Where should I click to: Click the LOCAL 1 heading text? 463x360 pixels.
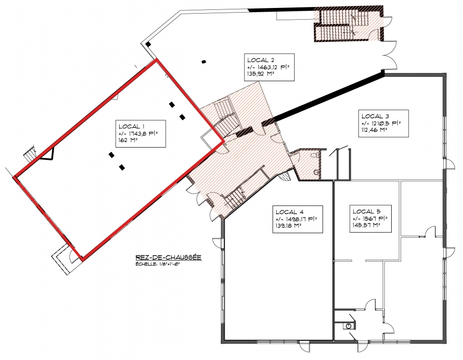[129, 127]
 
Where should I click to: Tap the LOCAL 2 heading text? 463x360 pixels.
[258, 60]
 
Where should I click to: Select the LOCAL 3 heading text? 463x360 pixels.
[372, 116]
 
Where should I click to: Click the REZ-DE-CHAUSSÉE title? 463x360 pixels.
[168, 257]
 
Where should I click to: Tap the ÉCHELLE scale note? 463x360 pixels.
[158, 264]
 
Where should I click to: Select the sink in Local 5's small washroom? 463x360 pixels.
[349, 326]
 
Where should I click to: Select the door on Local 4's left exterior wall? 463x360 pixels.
[218, 244]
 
